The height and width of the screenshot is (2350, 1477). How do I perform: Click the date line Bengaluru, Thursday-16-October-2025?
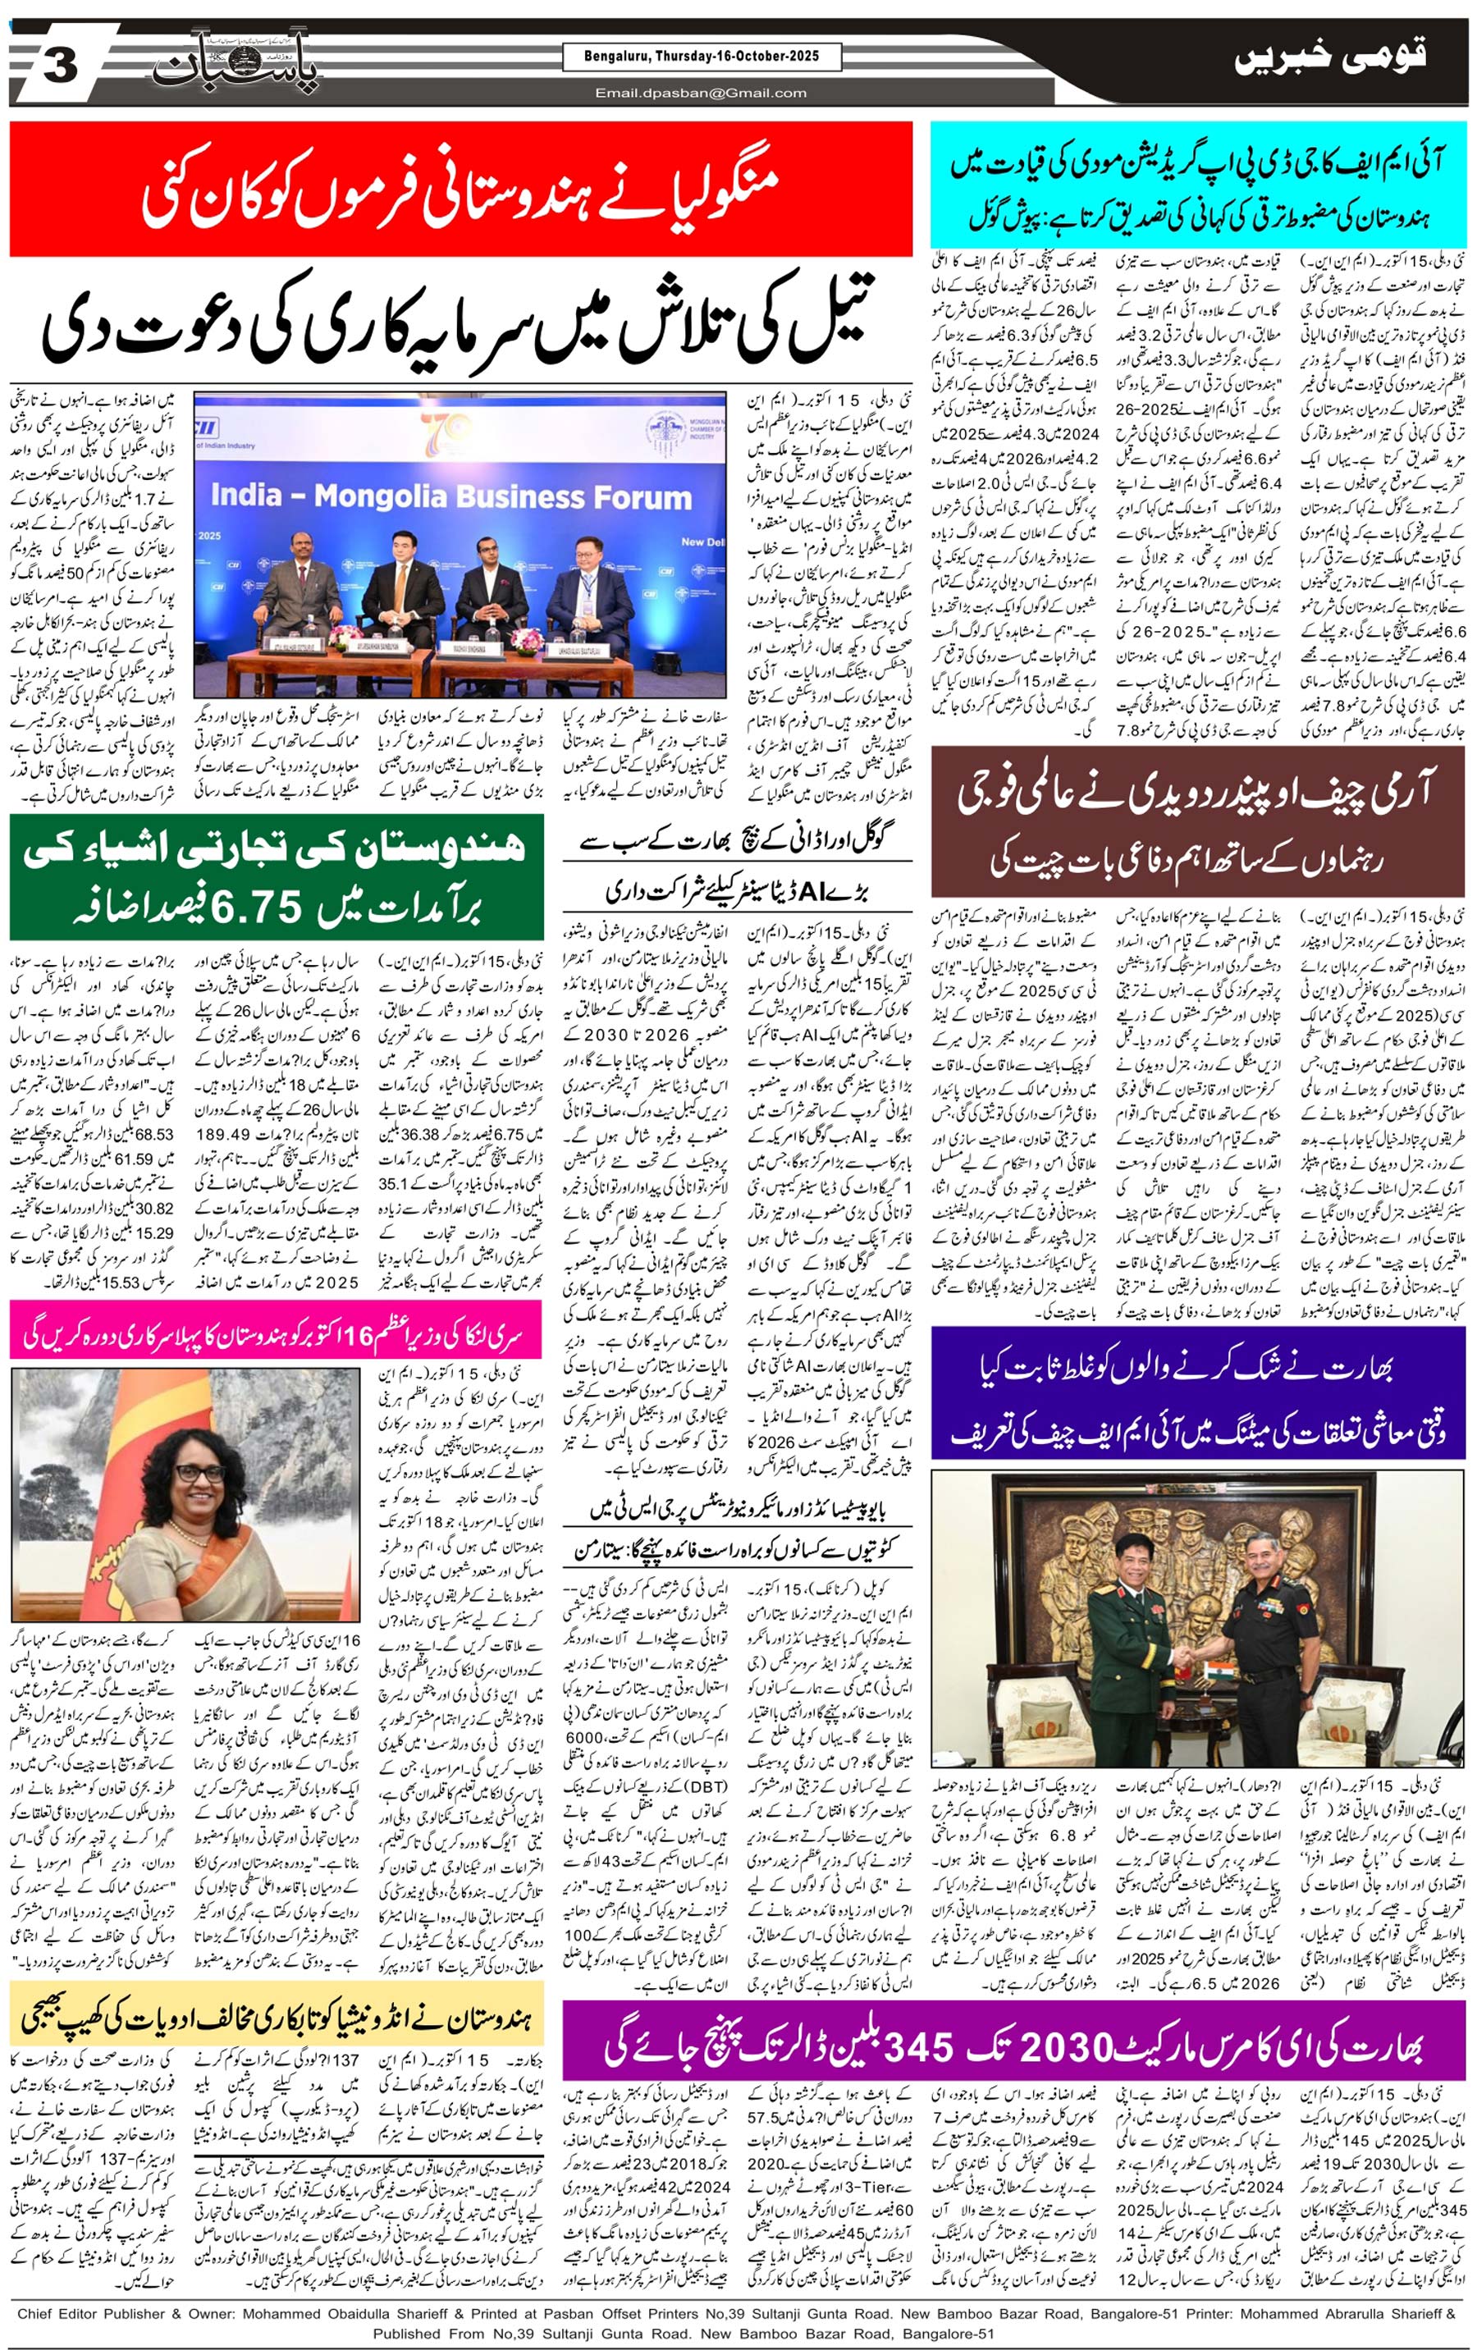click(x=703, y=57)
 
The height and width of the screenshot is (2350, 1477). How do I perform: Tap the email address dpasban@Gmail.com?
click(x=702, y=93)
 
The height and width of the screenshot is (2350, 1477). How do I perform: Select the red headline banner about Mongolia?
click(x=461, y=190)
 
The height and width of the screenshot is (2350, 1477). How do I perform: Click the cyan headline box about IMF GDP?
click(x=1198, y=185)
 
